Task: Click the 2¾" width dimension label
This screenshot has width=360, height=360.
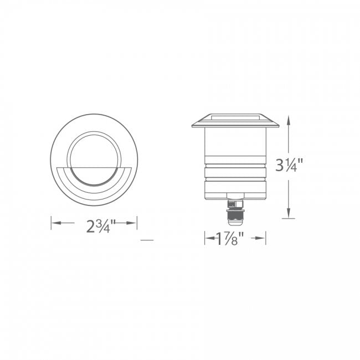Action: click(x=100, y=226)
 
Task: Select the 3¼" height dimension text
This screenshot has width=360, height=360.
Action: click(x=291, y=164)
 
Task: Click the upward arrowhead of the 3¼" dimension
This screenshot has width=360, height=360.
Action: click(x=287, y=119)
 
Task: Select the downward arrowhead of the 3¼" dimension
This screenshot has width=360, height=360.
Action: click(x=287, y=215)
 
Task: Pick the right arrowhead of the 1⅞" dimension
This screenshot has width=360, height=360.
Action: click(x=264, y=239)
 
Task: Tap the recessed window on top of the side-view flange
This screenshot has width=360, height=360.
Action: click(x=234, y=117)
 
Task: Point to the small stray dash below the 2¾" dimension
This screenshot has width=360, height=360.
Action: click(x=147, y=240)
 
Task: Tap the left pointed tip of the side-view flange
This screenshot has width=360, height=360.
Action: click(x=192, y=125)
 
